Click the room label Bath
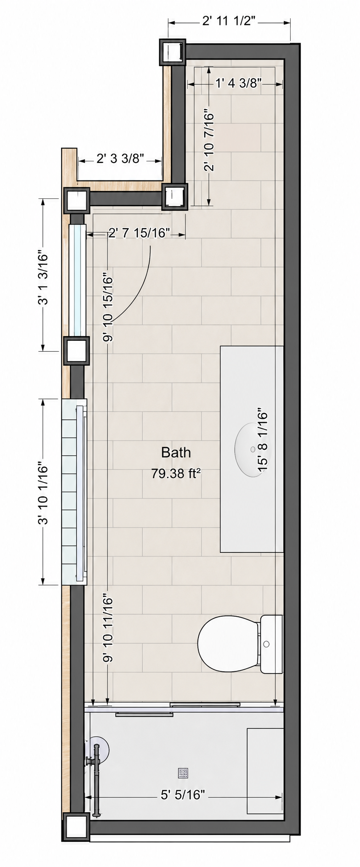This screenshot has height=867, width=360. click(x=176, y=452)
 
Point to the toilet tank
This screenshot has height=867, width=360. click(x=271, y=644)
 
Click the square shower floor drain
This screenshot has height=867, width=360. click(x=184, y=773)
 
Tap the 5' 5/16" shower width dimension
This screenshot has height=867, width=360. click(x=182, y=795)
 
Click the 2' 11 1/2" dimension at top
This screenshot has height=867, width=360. click(x=228, y=21)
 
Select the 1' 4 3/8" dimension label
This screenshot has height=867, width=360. click(x=238, y=83)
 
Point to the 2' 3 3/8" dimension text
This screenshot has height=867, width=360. click(x=121, y=159)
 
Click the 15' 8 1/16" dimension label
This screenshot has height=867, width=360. click(x=262, y=439)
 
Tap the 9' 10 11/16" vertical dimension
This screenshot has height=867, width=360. click(x=107, y=628)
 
